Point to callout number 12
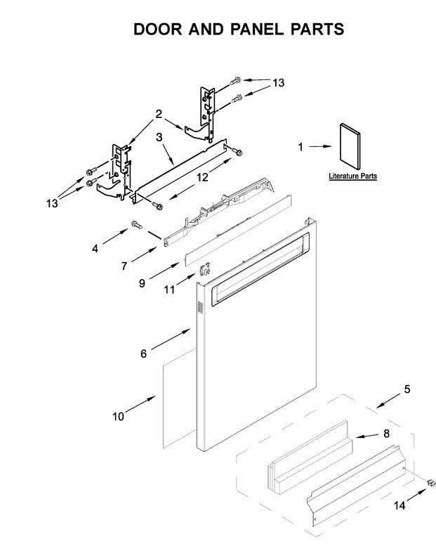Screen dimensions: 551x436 (x=202, y=179)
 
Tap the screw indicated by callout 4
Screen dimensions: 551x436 (x=135, y=226)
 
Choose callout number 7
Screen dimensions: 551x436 (x=124, y=267)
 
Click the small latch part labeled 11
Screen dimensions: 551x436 (x=206, y=269)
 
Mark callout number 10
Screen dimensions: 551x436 (x=117, y=417)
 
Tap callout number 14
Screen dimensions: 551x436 (x=399, y=505)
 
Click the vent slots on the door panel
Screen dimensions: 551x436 (x=199, y=308)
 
